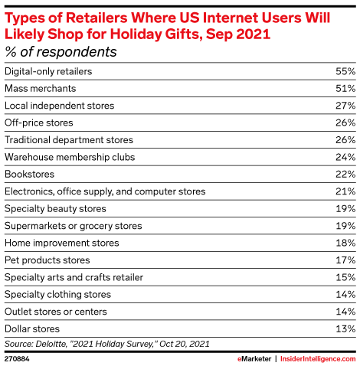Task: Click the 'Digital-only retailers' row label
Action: click(x=48, y=71)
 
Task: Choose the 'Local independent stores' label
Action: click(x=59, y=105)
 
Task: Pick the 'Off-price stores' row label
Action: click(x=39, y=123)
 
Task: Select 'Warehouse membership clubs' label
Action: click(x=70, y=157)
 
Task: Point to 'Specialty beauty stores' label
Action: click(x=55, y=208)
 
